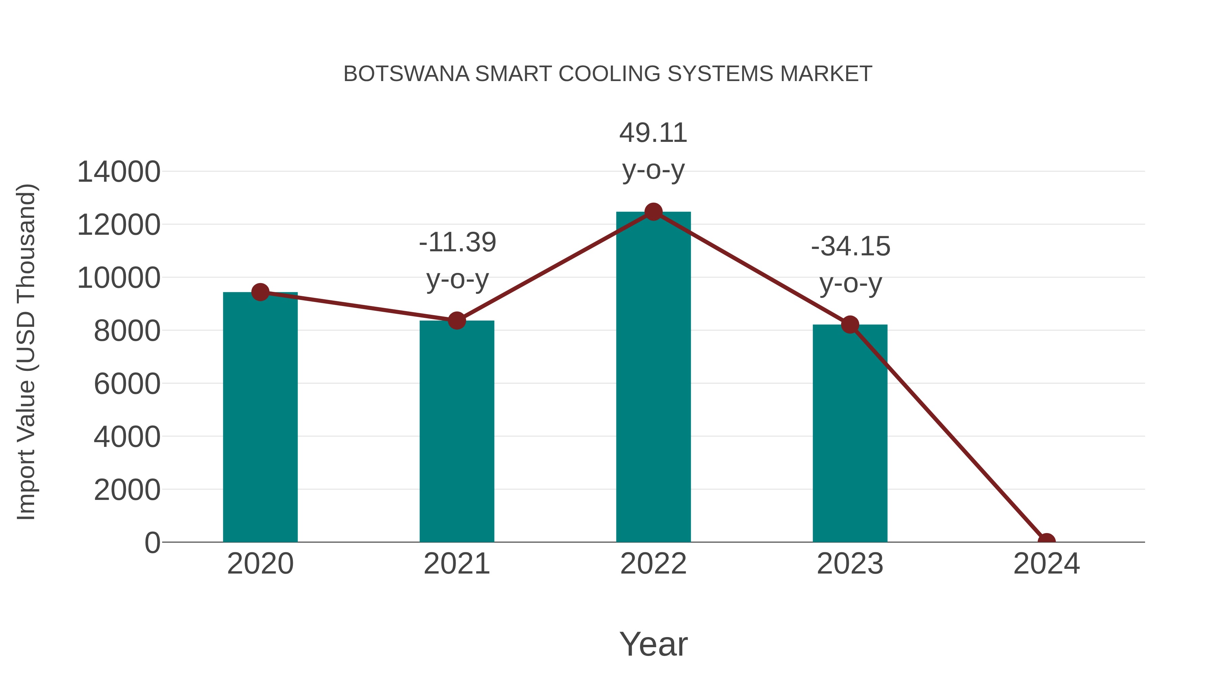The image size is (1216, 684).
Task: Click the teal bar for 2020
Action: [x=260, y=425]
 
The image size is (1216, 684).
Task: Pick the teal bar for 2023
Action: [x=850, y=439]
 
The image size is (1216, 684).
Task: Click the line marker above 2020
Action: [x=260, y=292]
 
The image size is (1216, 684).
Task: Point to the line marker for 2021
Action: [x=456, y=321]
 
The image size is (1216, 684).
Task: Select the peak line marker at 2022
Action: [x=653, y=212]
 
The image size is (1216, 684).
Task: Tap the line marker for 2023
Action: [x=850, y=325]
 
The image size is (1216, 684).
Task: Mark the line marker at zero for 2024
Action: [x=1046, y=541]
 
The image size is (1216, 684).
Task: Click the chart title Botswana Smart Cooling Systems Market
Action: [x=608, y=74]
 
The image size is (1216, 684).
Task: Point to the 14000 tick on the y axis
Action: [x=119, y=172]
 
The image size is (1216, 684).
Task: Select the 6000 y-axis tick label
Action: [x=127, y=384]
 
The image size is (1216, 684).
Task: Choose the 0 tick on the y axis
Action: [x=152, y=543]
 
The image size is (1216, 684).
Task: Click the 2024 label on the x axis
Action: [x=1046, y=564]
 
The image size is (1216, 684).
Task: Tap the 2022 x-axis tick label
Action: [x=653, y=564]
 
